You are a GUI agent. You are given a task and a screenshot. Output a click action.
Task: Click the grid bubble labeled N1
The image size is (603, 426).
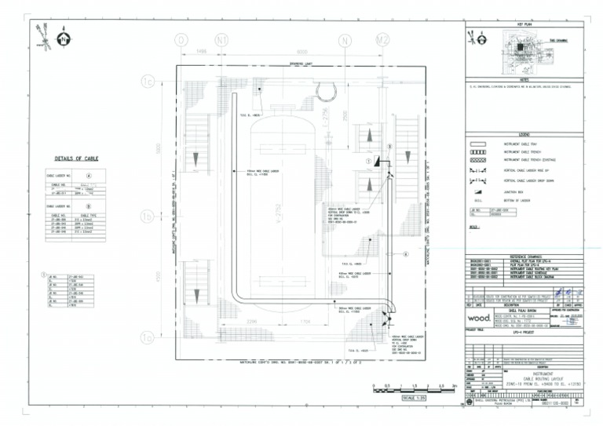(221, 39)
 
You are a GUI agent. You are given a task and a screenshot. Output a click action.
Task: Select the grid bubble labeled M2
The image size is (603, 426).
(382, 39)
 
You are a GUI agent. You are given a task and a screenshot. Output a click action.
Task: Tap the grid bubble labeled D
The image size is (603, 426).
(182, 39)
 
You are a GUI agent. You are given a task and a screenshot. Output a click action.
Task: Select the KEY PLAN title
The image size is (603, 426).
(524, 26)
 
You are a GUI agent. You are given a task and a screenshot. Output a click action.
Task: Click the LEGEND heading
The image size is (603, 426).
(524, 135)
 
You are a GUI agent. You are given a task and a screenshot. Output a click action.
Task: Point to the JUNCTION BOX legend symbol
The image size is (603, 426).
(478, 191)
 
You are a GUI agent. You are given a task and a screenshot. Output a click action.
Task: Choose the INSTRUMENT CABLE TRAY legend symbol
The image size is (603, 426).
(478, 144)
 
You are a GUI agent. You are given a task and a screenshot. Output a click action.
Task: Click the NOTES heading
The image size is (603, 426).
(524, 78)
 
